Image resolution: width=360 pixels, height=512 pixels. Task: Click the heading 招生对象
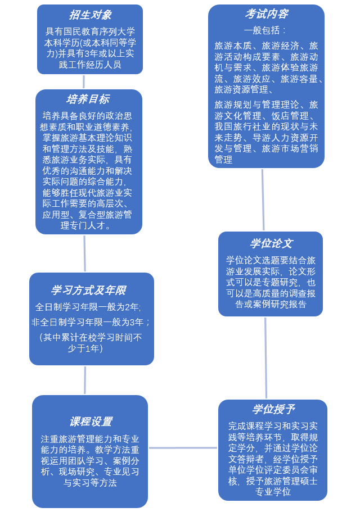coord(90,15)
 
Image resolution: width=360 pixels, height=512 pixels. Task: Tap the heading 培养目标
coord(88,99)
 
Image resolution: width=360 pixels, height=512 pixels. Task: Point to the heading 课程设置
coord(91,422)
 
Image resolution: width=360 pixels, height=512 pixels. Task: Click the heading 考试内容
coord(267,14)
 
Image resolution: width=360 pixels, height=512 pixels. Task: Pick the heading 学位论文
coord(271,244)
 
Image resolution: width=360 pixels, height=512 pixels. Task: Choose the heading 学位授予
coord(273,409)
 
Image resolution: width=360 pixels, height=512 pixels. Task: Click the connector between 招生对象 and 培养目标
coord(84,82)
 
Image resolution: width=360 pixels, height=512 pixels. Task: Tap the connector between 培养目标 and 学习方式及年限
coord(84,253)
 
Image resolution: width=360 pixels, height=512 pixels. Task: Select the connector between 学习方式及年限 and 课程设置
coord(85,380)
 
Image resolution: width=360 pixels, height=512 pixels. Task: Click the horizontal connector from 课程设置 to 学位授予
coord(183,448)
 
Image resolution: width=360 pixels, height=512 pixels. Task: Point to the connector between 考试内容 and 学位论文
coord(263,200)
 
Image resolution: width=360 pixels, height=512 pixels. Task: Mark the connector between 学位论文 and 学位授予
coord(266,358)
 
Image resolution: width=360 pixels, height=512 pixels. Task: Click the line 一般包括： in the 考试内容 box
coord(265,30)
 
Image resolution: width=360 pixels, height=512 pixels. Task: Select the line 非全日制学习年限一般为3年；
coord(91,323)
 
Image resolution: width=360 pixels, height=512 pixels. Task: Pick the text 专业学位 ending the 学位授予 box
coord(273,492)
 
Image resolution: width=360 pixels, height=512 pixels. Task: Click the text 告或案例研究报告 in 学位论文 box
coord(271,304)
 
